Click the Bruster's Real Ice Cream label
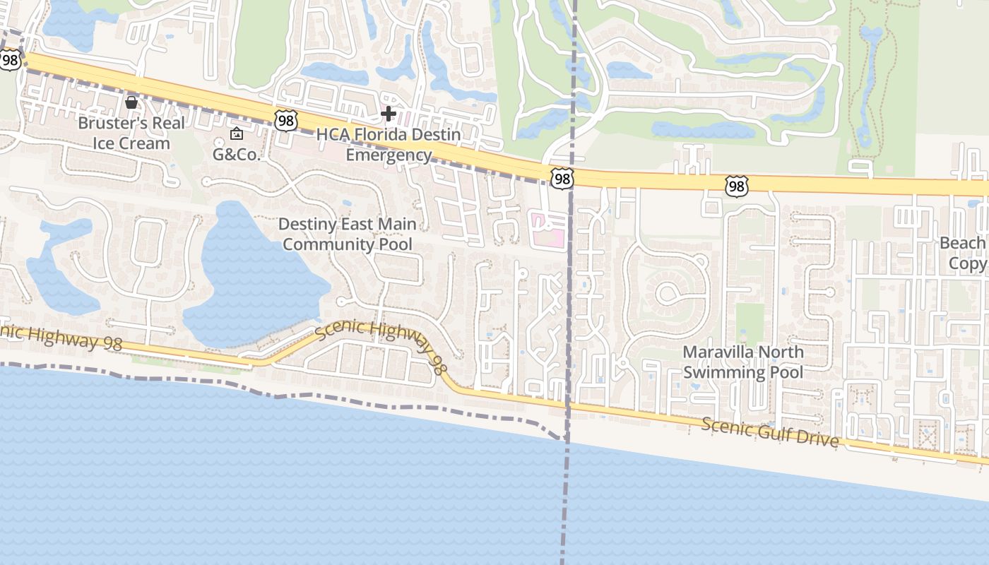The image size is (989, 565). click(131, 133)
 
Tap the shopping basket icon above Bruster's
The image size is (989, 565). click(131, 102)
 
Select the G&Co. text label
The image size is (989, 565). click(237, 154)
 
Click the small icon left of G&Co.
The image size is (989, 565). click(236, 133)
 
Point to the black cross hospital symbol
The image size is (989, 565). click(388, 113)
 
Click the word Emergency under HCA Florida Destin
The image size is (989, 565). click(389, 155)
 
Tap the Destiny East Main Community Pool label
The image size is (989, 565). click(346, 234)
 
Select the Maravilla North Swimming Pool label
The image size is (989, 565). click(743, 362)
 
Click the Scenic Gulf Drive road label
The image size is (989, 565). click(771, 433)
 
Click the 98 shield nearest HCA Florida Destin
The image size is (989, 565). click(286, 121)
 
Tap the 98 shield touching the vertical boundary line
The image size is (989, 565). click(562, 179)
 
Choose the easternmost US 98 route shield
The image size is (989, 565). click(736, 186)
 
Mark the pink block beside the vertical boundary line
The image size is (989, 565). click(548, 232)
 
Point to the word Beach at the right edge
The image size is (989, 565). click(962, 243)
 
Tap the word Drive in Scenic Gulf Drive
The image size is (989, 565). click(817, 439)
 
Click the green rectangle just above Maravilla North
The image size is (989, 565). click(750, 322)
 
